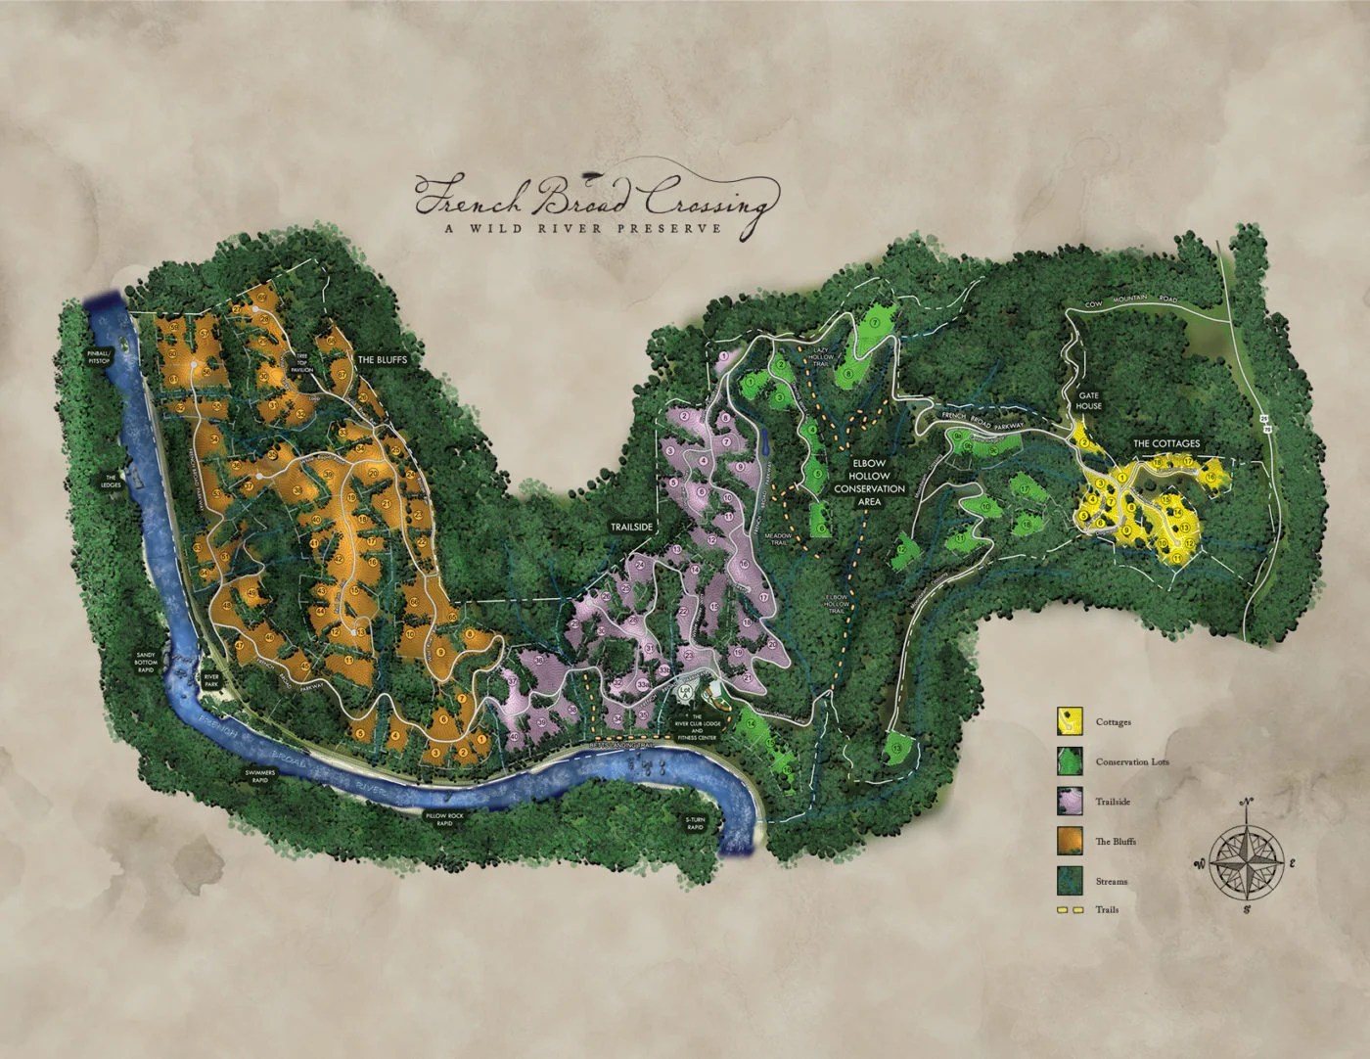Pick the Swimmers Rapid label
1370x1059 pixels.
(265, 777)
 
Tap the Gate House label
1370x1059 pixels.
(1088, 401)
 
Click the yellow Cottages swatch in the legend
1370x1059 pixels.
(1070, 722)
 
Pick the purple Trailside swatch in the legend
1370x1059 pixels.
(1070, 802)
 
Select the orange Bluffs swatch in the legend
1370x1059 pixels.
(1070, 841)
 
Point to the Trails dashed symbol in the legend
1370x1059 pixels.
(1070, 909)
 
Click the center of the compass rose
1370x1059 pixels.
(1246, 862)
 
